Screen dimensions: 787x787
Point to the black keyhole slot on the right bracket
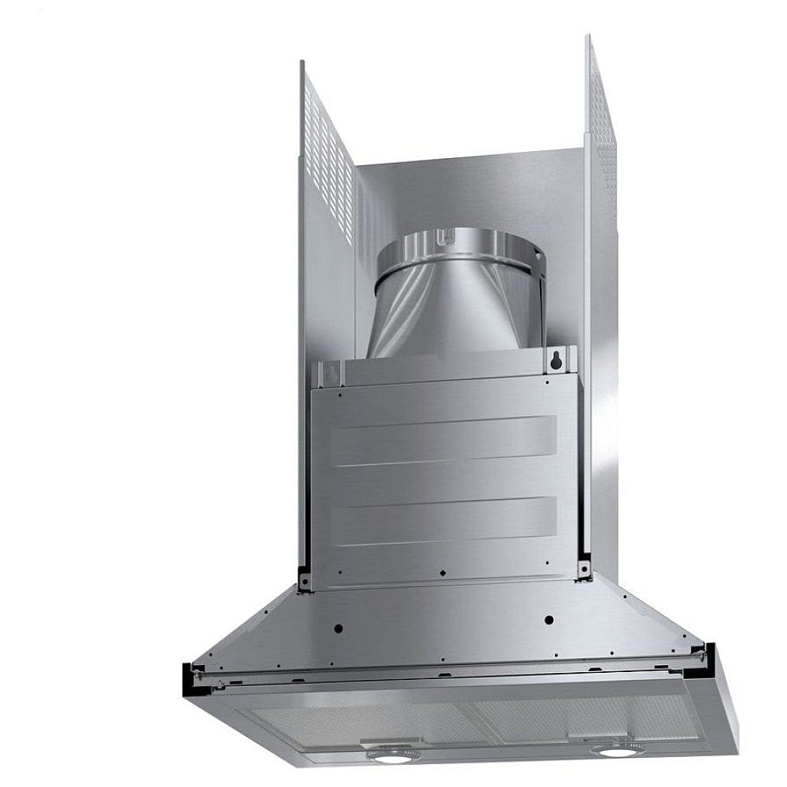557,361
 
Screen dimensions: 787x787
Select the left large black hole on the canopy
338,629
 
